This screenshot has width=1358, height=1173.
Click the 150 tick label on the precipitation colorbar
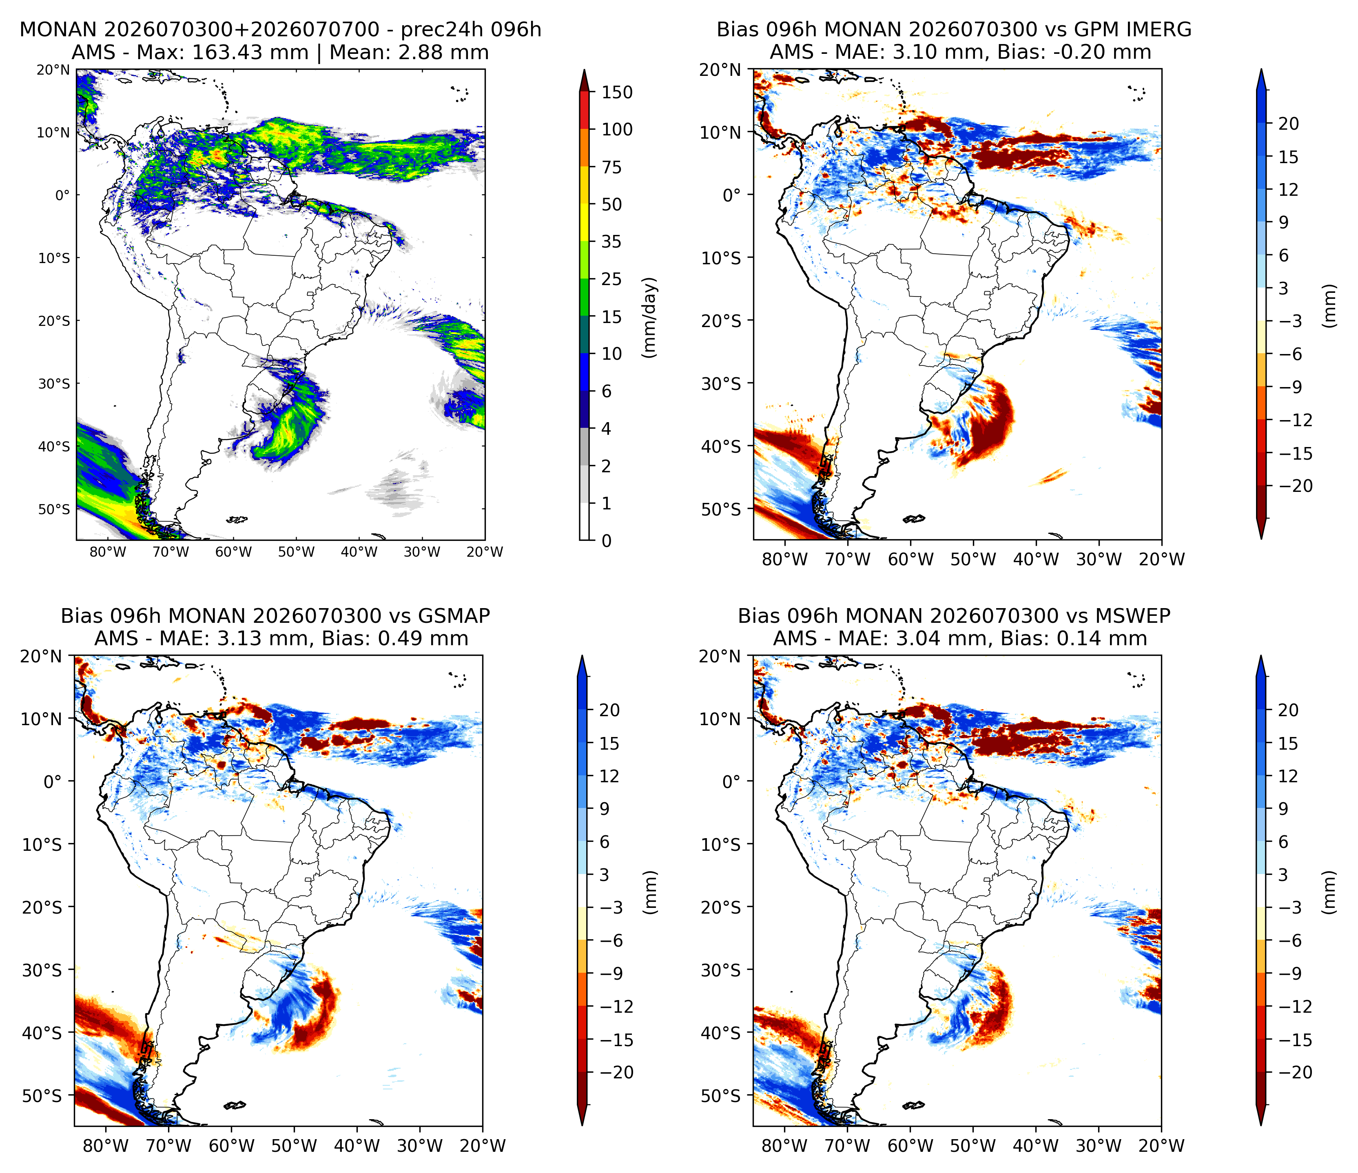pos(617,93)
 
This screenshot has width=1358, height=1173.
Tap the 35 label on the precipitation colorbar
pos(611,242)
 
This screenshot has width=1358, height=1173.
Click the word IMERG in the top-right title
pos(1156,29)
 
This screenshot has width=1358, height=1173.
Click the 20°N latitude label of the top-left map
pos(53,69)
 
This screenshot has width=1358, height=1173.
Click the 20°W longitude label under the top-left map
pos(485,552)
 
